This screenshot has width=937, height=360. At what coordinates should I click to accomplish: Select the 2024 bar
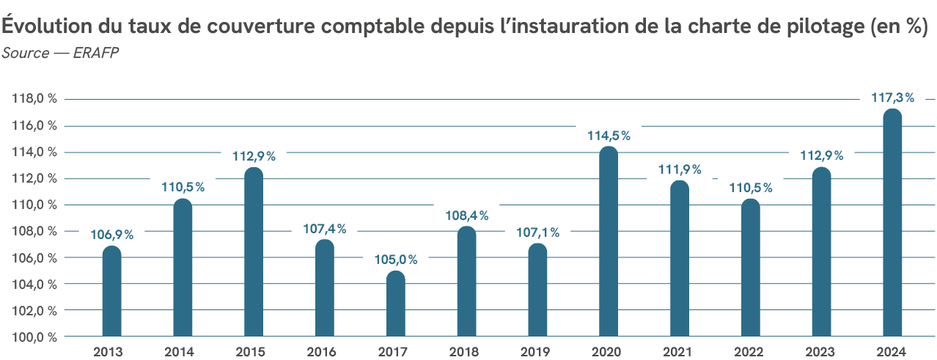(x=892, y=224)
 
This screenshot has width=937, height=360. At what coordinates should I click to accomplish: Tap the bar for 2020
(x=609, y=242)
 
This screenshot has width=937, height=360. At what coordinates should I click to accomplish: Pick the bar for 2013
(x=111, y=292)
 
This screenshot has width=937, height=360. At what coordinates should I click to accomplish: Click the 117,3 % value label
(x=892, y=98)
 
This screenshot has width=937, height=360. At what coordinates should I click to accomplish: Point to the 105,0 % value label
(x=396, y=260)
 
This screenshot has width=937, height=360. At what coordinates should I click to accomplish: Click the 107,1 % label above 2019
(x=537, y=232)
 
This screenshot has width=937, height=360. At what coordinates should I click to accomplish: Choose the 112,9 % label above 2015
(x=254, y=155)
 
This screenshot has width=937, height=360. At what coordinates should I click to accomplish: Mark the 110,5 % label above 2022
(x=751, y=188)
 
